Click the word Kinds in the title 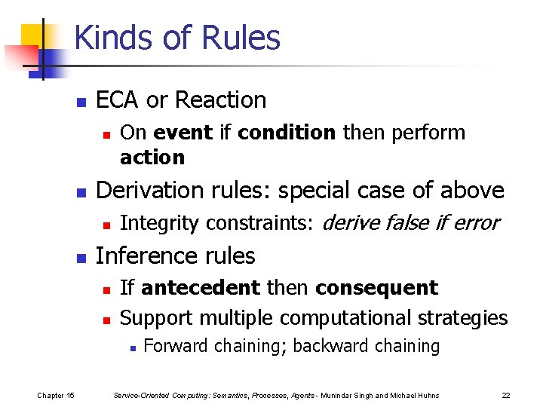[112, 38]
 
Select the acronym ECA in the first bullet [118, 100]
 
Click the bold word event [183, 133]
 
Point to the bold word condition [287, 133]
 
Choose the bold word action [152, 157]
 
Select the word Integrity [160, 224]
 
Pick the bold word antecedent [200, 288]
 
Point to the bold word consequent [376, 288]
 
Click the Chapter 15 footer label [56, 395]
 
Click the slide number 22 [505, 395]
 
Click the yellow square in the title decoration [34, 38]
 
